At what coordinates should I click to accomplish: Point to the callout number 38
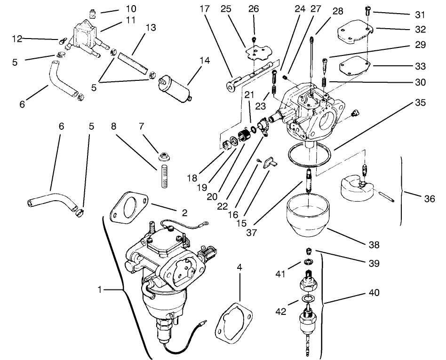(374, 244)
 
